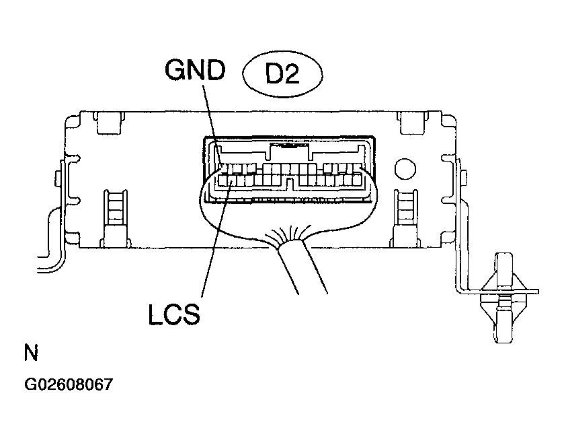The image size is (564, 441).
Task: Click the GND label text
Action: click(195, 70)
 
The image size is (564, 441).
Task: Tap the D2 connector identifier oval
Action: click(282, 74)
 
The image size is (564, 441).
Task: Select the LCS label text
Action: click(174, 314)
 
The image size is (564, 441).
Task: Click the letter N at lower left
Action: click(31, 353)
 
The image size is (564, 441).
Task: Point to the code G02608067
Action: click(69, 384)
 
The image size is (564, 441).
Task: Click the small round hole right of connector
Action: click(405, 169)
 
